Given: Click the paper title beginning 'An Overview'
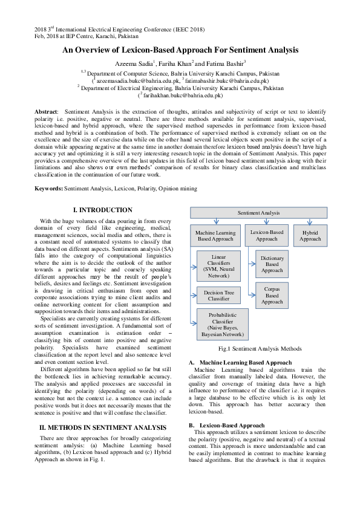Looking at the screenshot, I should tap(180, 51).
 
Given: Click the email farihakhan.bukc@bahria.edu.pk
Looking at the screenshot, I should tap(180, 95).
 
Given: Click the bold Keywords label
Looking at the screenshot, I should tap(51, 189).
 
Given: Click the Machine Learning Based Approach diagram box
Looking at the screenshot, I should tap(215, 235).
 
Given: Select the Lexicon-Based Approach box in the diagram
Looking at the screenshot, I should tap(266, 235).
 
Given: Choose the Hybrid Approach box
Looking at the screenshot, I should tap(310, 235).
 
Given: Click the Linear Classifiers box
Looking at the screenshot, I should tap(216, 266).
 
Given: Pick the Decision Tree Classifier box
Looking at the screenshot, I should tap(215, 295).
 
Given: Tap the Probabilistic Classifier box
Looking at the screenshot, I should tap(219, 324).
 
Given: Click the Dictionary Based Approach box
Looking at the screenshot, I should tap(272, 264).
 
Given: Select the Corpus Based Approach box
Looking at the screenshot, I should tap(272, 296).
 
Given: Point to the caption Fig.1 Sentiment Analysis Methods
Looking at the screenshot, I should tap(260, 349).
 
